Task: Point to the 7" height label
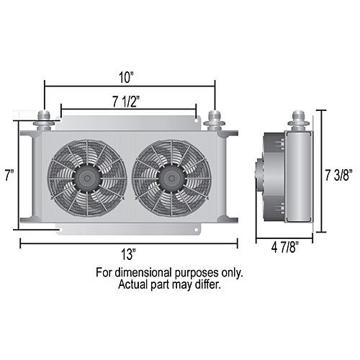coord(8,175)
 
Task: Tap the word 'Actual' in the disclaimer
coord(134,284)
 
